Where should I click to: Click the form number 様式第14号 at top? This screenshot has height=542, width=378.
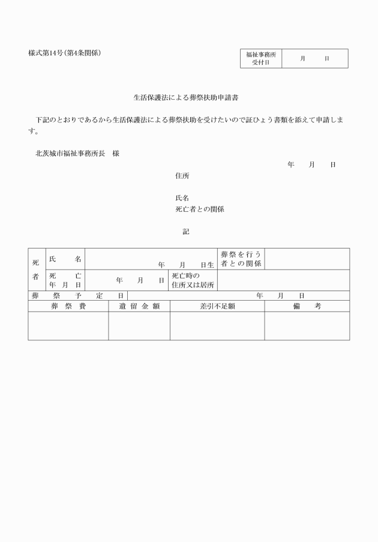click(x=64, y=53)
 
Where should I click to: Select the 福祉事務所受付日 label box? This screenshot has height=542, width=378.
click(x=261, y=58)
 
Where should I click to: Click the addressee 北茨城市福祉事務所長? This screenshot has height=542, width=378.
click(x=70, y=153)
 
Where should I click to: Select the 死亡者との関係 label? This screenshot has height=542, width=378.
click(x=199, y=209)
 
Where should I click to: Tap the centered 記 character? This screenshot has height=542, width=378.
click(x=186, y=231)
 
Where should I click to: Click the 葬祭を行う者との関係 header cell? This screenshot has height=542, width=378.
click(x=241, y=259)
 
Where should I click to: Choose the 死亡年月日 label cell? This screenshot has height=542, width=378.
click(x=65, y=280)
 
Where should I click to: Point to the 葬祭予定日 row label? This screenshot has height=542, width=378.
click(x=77, y=295)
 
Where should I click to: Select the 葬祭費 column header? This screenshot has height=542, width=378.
click(x=68, y=306)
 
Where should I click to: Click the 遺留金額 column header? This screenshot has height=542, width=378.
click(x=139, y=306)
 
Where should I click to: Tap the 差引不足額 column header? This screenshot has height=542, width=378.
click(x=217, y=306)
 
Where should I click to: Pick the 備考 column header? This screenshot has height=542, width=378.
click(x=307, y=306)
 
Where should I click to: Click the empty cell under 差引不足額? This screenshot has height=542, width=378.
click(x=217, y=326)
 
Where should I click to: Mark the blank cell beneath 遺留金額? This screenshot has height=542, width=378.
click(x=139, y=326)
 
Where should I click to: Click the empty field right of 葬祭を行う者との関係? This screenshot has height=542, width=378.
click(x=307, y=259)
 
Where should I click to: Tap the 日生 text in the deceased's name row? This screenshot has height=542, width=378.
click(x=207, y=264)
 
